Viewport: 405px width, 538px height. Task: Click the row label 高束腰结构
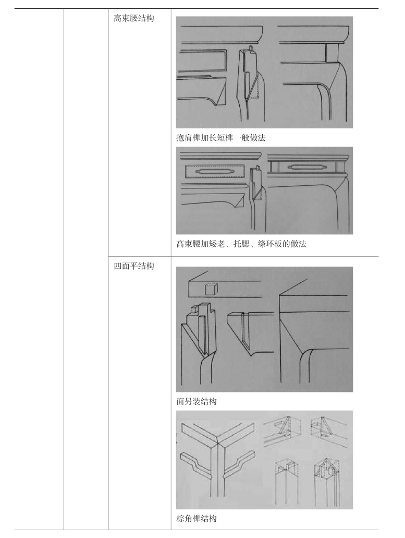click(x=133, y=18)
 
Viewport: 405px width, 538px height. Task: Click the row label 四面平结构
click(x=133, y=266)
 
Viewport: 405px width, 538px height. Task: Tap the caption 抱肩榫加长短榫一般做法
click(x=220, y=138)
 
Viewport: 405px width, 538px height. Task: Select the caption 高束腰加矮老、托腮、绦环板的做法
click(x=241, y=244)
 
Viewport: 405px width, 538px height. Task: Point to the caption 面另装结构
click(x=197, y=401)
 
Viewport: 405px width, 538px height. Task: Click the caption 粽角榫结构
click(x=197, y=519)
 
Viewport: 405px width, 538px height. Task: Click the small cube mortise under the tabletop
click(x=211, y=289)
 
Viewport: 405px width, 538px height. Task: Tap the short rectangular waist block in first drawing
click(x=332, y=53)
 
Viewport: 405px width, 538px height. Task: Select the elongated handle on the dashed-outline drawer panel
click(x=215, y=171)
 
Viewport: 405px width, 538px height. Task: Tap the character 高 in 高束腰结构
click(x=117, y=18)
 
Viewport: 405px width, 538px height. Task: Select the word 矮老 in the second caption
click(x=216, y=244)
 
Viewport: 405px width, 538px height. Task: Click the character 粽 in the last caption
click(x=180, y=519)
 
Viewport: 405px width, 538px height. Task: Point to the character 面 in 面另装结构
click(x=180, y=401)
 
